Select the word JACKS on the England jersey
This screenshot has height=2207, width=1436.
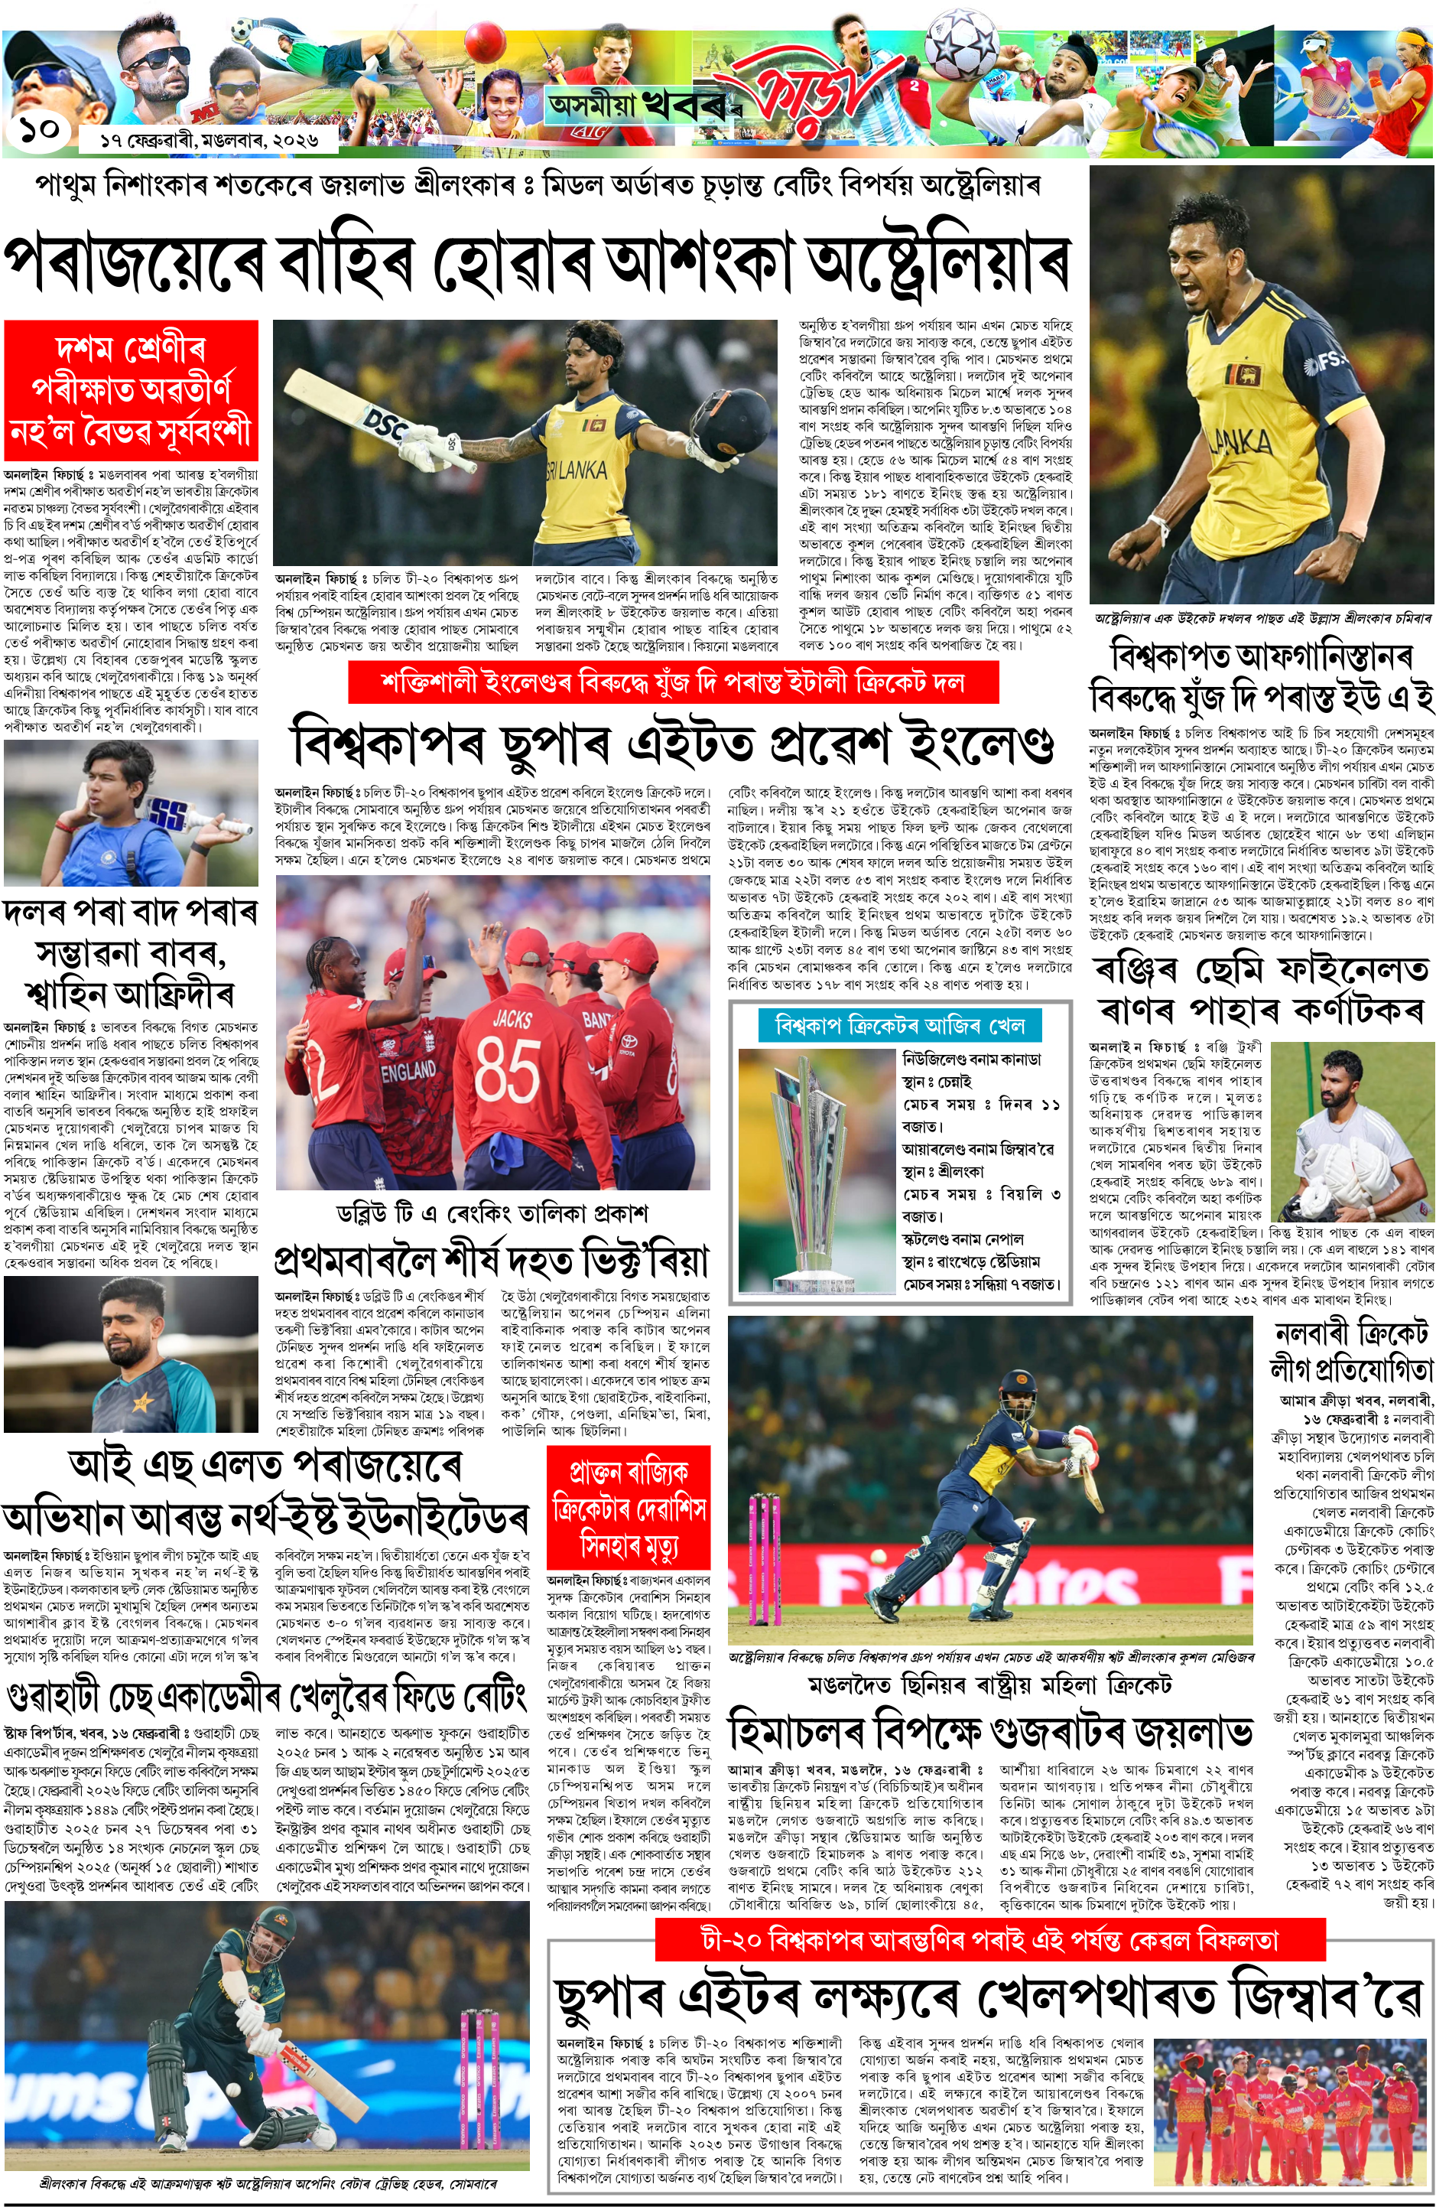512,1019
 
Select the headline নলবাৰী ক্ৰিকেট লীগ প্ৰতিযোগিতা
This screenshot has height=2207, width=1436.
1352,1350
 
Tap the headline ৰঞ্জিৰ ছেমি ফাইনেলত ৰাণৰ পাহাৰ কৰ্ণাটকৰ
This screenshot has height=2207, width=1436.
1261,988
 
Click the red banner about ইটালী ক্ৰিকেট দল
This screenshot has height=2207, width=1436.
673,682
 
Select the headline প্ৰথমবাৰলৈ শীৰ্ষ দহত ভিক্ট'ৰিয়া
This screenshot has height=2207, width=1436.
492,1260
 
